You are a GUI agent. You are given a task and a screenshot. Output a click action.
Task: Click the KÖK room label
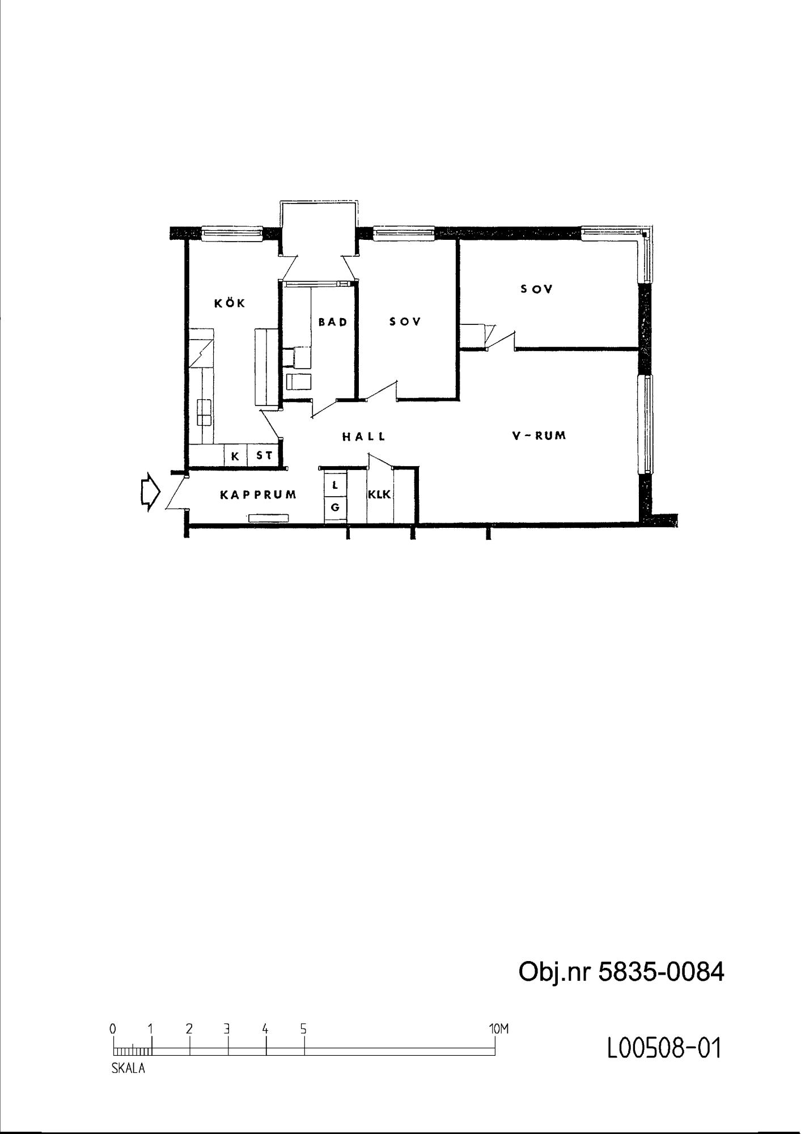230,303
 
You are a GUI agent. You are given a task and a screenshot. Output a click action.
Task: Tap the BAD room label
333,322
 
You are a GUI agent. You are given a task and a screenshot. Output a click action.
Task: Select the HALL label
364,437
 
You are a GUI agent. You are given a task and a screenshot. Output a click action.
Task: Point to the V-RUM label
539,435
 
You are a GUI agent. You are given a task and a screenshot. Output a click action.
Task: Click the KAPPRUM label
258,494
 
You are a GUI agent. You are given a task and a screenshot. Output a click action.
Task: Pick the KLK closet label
379,494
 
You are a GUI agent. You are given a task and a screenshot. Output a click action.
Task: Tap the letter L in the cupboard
335,485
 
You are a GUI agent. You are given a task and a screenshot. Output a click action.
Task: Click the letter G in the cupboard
335,507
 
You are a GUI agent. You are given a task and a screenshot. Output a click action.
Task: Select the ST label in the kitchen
264,455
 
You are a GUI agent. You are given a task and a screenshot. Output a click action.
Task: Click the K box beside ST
236,455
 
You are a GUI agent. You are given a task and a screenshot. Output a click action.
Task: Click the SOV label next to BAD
405,321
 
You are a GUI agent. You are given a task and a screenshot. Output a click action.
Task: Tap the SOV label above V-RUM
536,289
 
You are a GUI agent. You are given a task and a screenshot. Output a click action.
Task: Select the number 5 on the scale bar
304,1029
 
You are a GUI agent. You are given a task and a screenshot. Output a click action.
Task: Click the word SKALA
128,1069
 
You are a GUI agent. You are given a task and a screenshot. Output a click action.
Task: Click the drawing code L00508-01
664,1049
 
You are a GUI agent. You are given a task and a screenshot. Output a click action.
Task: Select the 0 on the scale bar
113,1029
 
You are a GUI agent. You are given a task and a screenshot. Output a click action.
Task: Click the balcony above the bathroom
319,227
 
